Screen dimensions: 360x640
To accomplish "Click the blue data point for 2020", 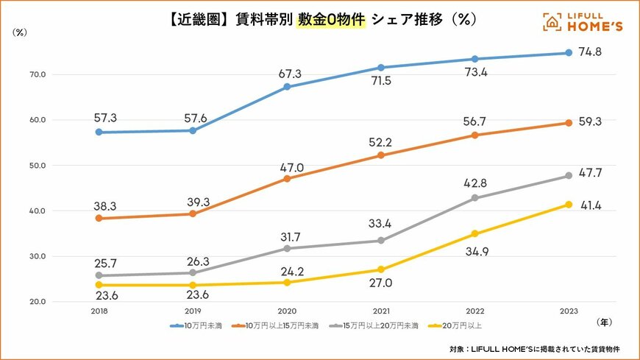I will [287, 87].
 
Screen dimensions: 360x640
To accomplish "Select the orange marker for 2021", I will [380, 155].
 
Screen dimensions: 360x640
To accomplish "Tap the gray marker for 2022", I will [474, 198].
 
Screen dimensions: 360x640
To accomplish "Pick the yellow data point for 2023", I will [568, 205].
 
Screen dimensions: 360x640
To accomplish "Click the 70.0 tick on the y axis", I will [38, 74].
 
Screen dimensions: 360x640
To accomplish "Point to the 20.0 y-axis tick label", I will [38, 302].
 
